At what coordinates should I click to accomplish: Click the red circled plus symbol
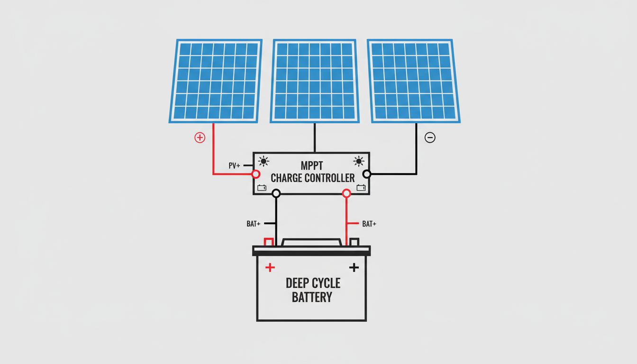point(200,137)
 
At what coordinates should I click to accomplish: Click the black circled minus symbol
point(430,137)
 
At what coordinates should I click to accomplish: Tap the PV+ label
point(234,166)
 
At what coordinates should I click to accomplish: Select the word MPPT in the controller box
point(311,166)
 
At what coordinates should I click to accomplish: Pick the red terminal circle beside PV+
point(256,174)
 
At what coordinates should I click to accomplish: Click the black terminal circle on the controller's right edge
point(366,174)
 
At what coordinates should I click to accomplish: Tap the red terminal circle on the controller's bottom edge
point(346,193)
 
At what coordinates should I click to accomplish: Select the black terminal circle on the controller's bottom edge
point(276,193)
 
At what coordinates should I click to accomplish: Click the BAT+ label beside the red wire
point(369,224)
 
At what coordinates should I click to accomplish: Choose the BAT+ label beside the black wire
point(254,224)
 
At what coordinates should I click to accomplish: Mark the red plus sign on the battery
point(270,267)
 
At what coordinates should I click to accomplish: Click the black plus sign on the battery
point(354,267)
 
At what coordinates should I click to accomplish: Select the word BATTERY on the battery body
point(312,298)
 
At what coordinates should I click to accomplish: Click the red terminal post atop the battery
point(268,242)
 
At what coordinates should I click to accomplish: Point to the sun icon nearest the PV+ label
point(264,161)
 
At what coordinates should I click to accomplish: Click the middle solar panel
point(314,81)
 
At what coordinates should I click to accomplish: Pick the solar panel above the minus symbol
point(413,81)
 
